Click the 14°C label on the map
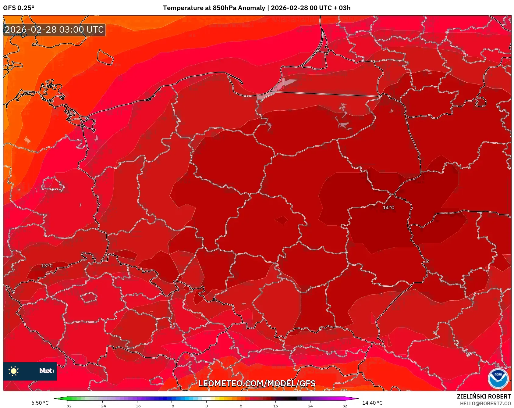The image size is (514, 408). [388, 208]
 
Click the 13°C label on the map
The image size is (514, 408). [47, 266]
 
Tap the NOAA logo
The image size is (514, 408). [498, 378]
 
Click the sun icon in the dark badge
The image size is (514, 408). [14, 371]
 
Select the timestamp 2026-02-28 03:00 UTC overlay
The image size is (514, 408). [54, 30]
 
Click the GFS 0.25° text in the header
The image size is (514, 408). [19, 8]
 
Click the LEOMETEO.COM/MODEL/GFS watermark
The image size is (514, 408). [257, 383]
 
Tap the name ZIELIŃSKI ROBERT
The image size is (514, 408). [484, 396]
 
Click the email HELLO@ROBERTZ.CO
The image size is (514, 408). [485, 403]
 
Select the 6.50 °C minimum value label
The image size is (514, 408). [40, 403]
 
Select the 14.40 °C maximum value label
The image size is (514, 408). [372, 403]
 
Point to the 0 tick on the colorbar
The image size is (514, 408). [206, 406]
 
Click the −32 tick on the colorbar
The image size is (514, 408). [68, 406]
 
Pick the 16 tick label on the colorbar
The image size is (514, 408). [275, 406]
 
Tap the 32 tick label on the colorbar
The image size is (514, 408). [345, 406]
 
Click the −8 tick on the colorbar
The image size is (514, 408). [172, 406]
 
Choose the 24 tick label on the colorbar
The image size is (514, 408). [310, 406]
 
